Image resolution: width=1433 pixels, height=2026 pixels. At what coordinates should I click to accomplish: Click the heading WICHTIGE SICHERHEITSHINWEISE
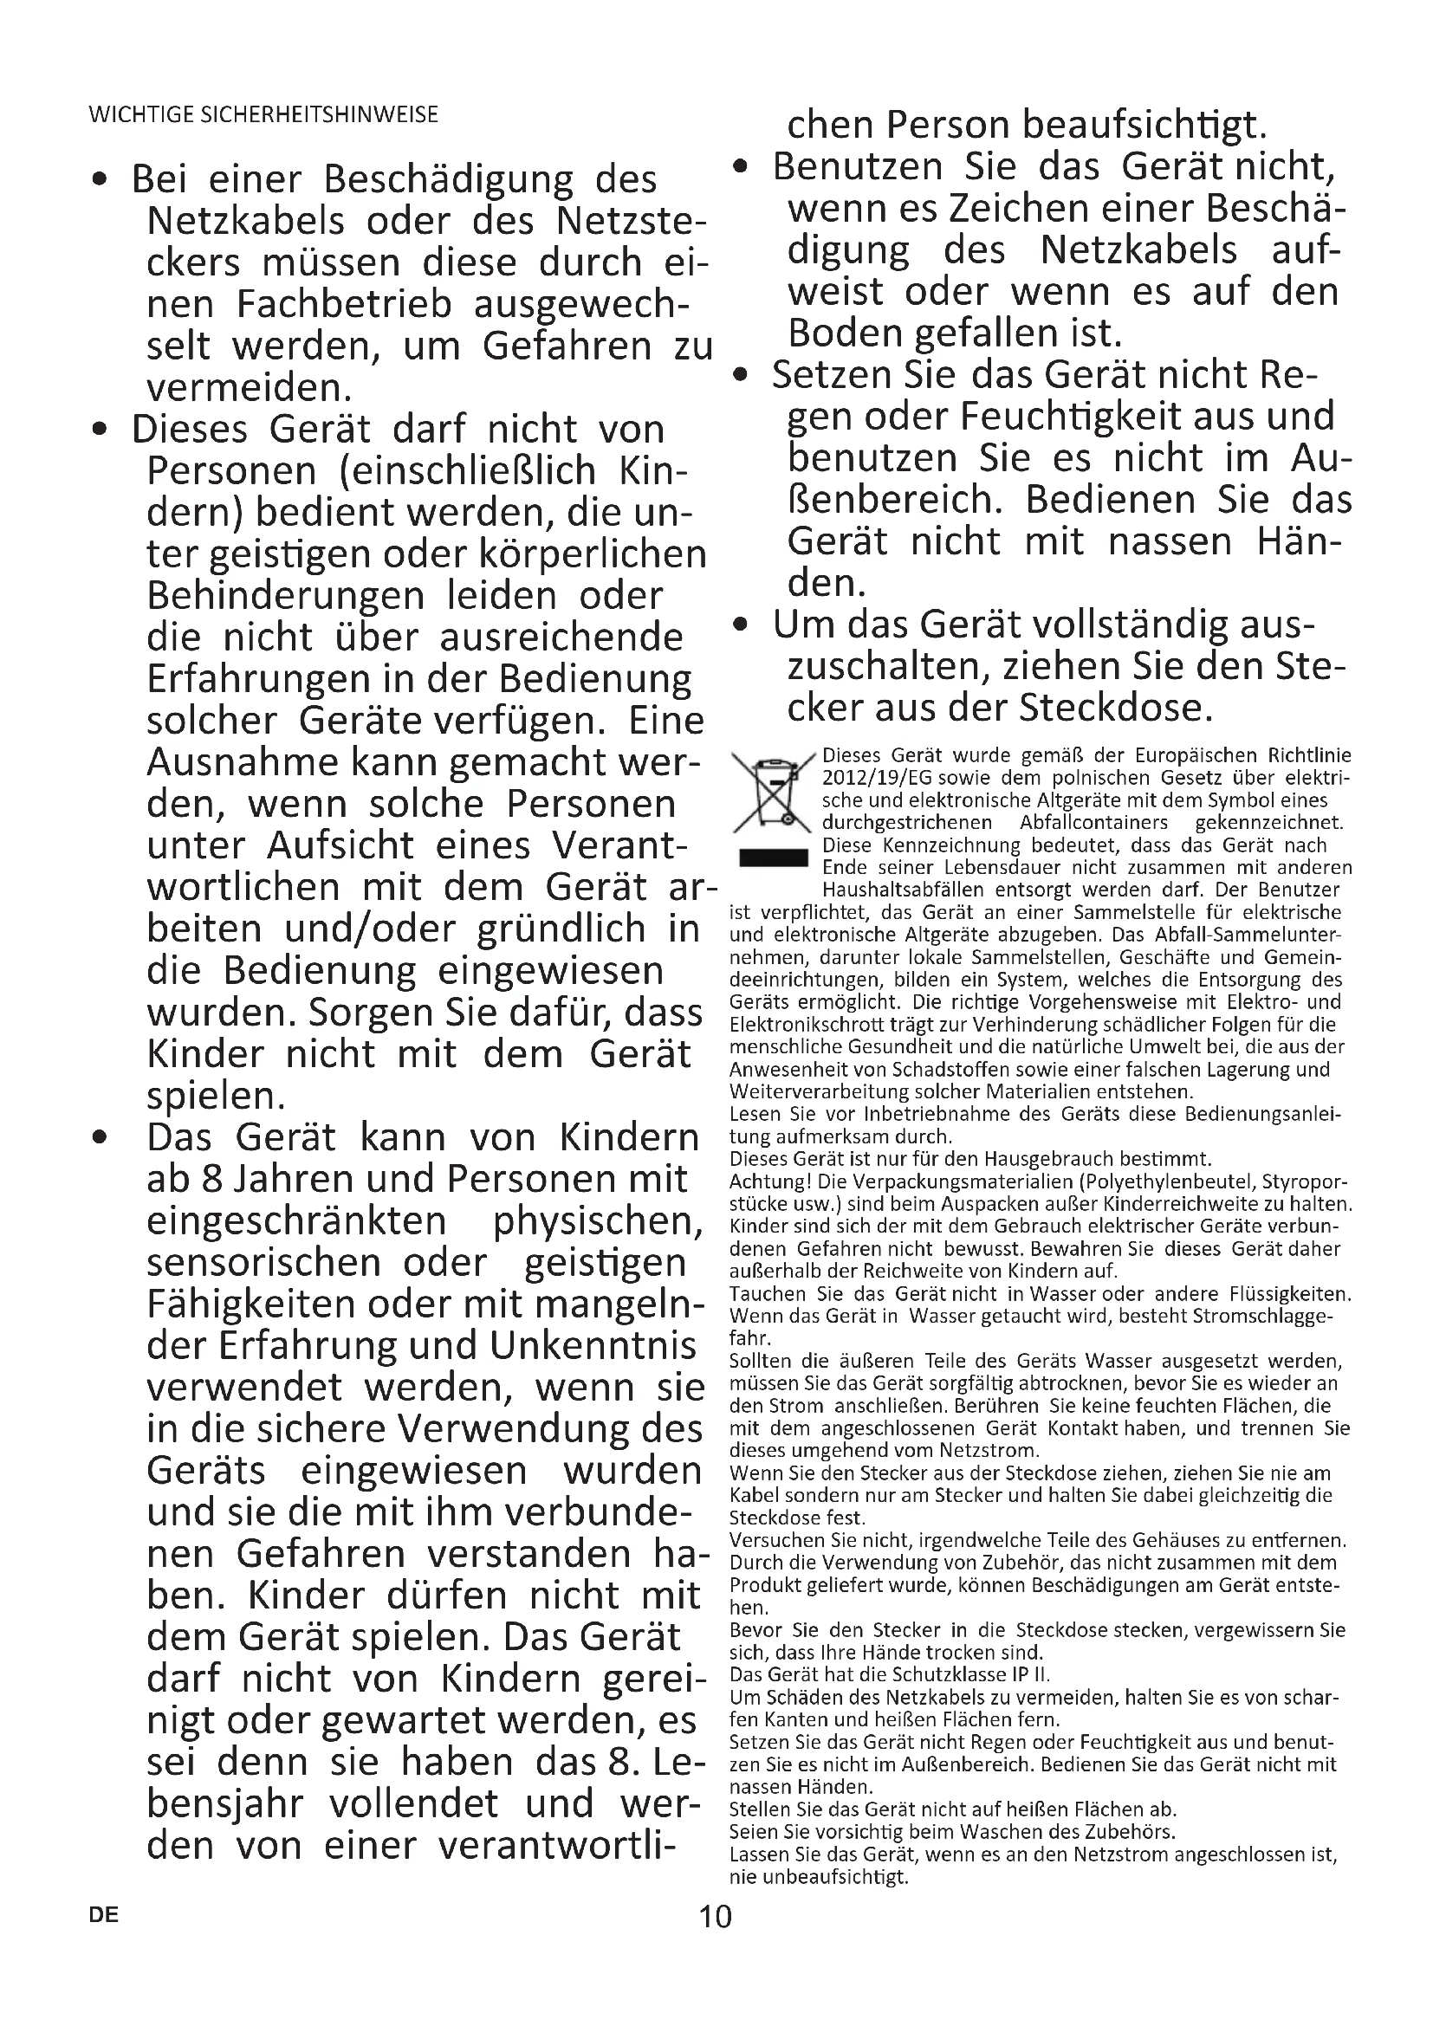tap(263, 114)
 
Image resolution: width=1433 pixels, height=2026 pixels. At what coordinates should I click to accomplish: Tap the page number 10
tap(715, 1916)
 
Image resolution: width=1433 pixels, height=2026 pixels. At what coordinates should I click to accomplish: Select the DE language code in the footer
tap(103, 1915)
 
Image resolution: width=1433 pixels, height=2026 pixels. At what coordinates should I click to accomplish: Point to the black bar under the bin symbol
tap(773, 858)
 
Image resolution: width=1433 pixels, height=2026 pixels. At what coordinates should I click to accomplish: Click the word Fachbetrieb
tap(344, 304)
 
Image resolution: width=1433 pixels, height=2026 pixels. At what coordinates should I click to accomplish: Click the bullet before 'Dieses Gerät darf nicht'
tap(102, 430)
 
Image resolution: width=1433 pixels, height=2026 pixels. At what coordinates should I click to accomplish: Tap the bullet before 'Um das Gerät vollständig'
tap(743, 625)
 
